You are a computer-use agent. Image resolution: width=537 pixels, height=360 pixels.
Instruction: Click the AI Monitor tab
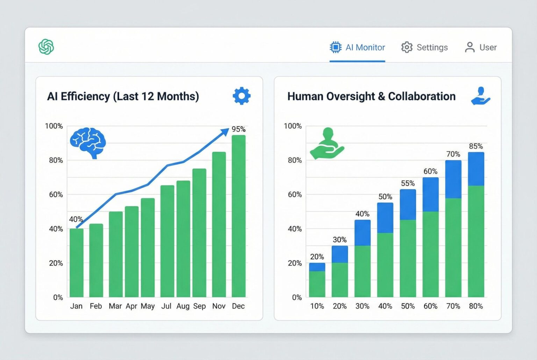pyautogui.click(x=357, y=48)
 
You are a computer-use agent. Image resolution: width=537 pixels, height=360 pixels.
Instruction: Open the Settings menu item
pyautogui.click(x=424, y=48)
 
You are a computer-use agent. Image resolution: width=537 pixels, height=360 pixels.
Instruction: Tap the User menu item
pyautogui.click(x=481, y=48)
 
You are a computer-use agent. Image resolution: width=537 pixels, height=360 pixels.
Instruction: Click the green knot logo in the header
pyautogui.click(x=46, y=47)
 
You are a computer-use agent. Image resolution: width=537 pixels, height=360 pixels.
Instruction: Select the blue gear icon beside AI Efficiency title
pyautogui.click(x=242, y=96)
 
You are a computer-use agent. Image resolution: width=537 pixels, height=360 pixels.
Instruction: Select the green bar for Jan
pyautogui.click(x=77, y=262)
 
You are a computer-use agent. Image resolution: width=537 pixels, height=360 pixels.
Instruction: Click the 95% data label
pyautogui.click(x=238, y=129)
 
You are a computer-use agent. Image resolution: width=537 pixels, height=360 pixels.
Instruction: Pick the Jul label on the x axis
pyautogui.click(x=166, y=306)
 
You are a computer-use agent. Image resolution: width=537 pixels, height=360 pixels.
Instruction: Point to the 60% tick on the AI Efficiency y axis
pyautogui.click(x=56, y=195)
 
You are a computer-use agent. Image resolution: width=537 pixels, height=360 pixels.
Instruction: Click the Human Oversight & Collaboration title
pyautogui.click(x=371, y=96)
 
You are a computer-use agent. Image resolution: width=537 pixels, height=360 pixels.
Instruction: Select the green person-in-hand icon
pyautogui.click(x=327, y=144)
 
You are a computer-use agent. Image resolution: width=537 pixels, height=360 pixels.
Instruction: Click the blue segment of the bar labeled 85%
pyautogui.click(x=476, y=169)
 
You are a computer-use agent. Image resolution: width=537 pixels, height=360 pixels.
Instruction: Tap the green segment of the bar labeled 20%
pyautogui.click(x=317, y=284)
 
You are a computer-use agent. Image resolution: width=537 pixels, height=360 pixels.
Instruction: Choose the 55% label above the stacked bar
pyautogui.click(x=408, y=183)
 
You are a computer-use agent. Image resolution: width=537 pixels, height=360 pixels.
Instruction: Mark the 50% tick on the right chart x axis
pyautogui.click(x=408, y=306)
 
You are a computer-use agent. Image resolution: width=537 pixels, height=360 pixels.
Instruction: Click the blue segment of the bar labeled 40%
pyautogui.click(x=363, y=233)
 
